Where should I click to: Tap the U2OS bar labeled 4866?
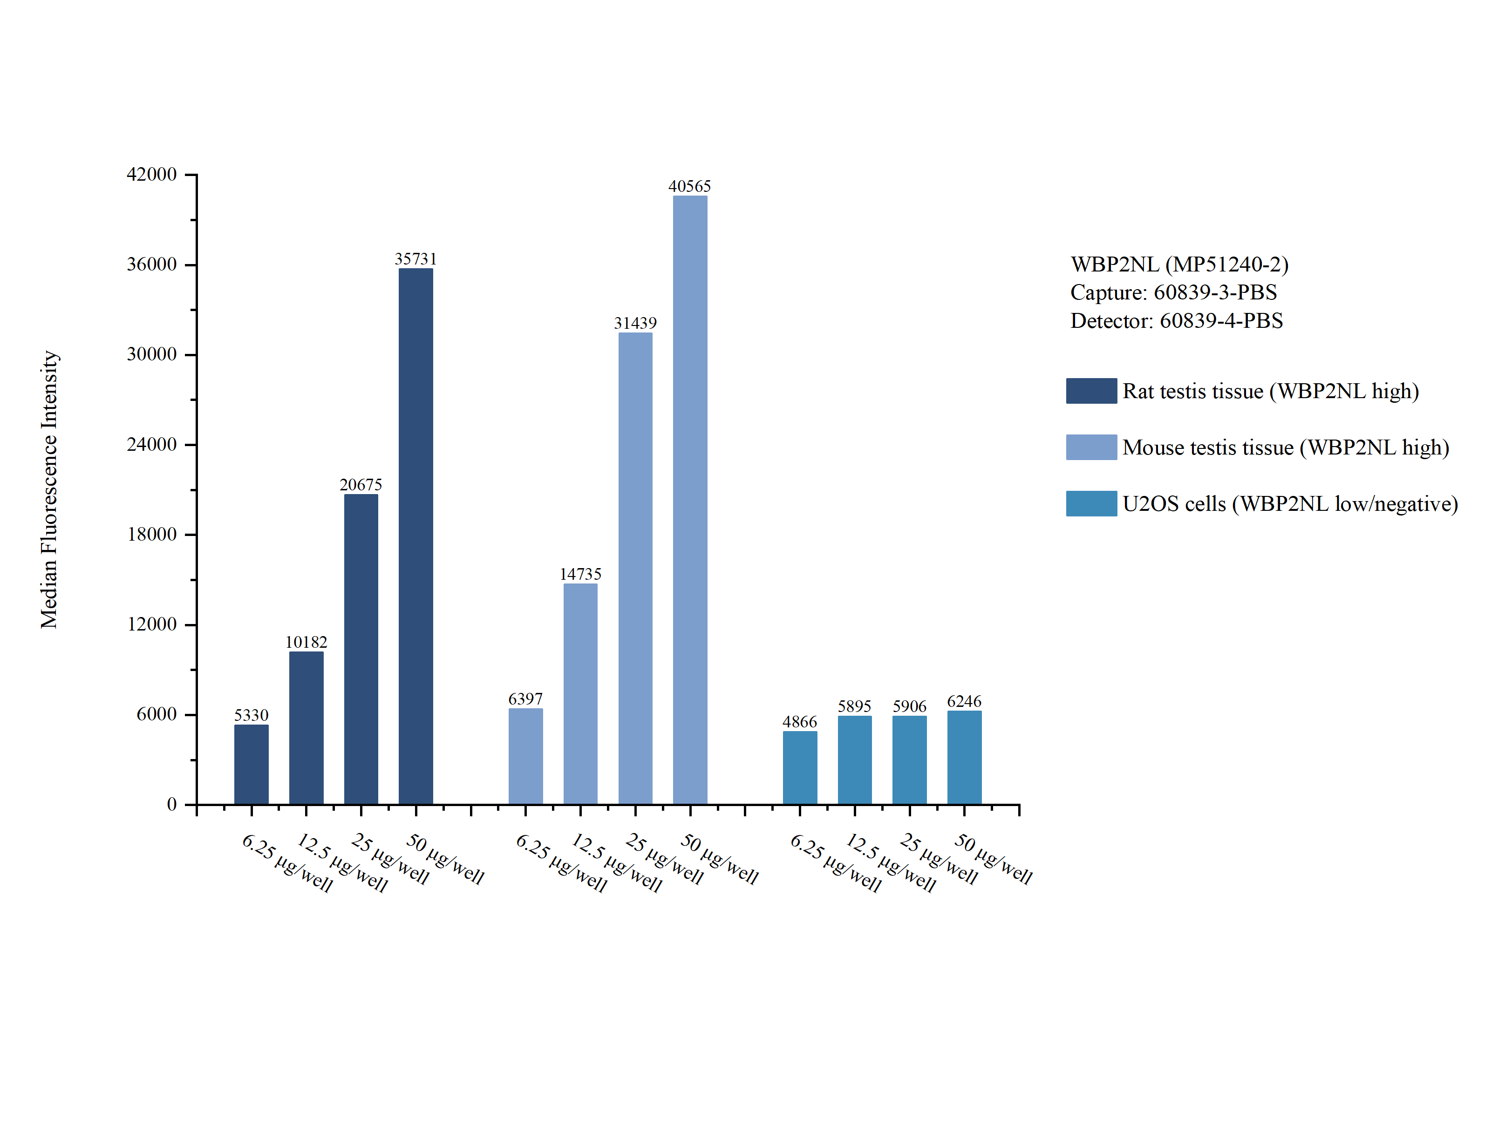point(799,767)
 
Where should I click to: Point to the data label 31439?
point(635,323)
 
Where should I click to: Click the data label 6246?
point(964,701)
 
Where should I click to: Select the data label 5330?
point(251,715)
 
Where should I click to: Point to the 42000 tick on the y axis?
point(151,175)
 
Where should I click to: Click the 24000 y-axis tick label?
point(151,445)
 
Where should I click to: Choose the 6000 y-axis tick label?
point(156,714)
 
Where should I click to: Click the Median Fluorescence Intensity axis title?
point(49,489)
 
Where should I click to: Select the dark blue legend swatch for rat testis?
point(1091,391)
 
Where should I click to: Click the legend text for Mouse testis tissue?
point(1285,448)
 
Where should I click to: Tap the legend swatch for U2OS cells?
point(1091,503)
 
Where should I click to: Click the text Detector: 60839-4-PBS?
point(1176,320)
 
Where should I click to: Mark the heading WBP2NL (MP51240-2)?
point(1179,264)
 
